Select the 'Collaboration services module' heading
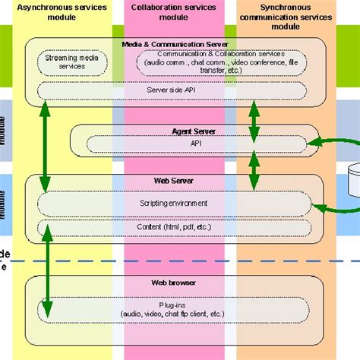tap(173, 13)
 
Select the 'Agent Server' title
tap(195, 131)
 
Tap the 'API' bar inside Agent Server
tap(195, 143)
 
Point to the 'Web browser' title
tap(174, 282)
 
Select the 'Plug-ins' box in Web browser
tap(174, 308)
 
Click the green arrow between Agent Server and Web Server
tap(254, 172)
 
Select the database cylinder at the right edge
tap(353, 178)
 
